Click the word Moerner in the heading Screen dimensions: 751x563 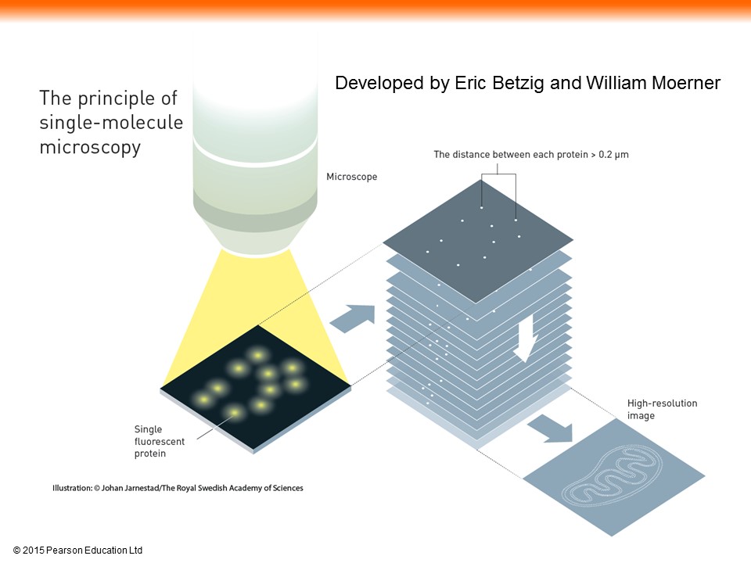click(686, 84)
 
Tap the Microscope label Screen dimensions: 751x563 click(351, 177)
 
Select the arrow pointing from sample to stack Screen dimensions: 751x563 click(353, 318)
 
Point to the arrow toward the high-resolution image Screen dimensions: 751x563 click(551, 429)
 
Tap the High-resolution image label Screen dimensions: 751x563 click(663, 409)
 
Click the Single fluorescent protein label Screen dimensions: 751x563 click(159, 441)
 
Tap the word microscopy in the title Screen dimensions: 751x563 click(90, 147)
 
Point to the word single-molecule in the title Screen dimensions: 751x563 click(111, 122)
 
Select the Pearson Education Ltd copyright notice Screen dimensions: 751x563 click(77, 550)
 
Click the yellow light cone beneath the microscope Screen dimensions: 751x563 click(255, 307)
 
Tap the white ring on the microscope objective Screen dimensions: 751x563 click(255, 151)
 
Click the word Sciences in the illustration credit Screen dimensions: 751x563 click(287, 488)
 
